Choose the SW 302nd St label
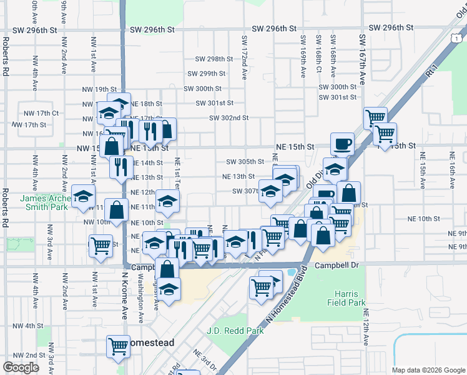point(229,117)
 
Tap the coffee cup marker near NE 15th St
point(342,144)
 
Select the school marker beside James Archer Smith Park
point(83,197)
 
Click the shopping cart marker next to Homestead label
point(117,346)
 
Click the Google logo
point(21,367)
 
